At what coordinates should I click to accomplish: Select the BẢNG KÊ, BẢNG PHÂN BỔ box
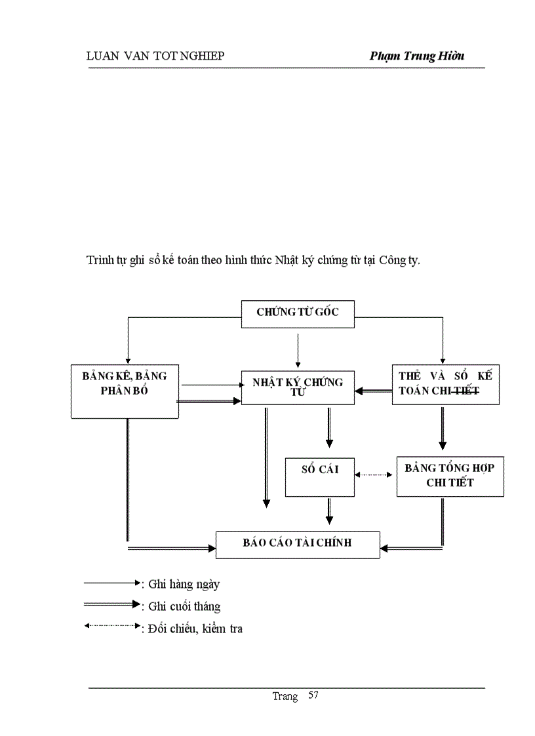[125, 391]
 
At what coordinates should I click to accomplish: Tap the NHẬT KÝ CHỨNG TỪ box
[298, 387]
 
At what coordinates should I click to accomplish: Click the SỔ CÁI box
[320, 476]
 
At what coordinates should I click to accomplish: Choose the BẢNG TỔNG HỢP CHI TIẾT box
[450, 476]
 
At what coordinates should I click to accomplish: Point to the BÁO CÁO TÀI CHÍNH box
[298, 544]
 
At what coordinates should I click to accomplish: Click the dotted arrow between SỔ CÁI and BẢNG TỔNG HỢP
[375, 475]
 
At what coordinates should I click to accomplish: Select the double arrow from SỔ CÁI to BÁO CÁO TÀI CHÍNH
[329, 510]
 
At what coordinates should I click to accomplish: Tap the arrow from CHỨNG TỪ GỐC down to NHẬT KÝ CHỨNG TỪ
[298, 350]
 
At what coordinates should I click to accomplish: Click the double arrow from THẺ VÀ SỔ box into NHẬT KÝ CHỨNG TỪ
[374, 391]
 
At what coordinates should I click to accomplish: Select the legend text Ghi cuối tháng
[184, 606]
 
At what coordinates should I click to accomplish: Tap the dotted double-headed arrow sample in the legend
[111, 626]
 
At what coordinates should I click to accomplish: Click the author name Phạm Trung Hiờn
[417, 56]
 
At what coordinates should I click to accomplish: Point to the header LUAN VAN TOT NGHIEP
[155, 56]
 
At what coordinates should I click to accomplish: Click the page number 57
[313, 695]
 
